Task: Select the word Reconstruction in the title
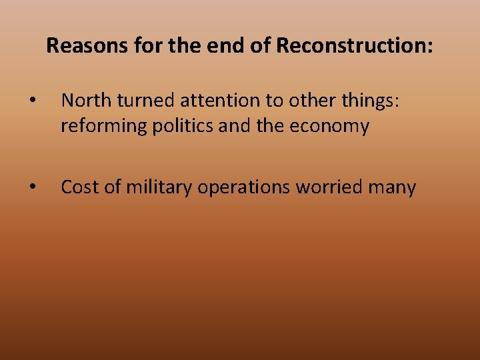[x=354, y=46]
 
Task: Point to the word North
[x=84, y=101]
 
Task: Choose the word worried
[x=327, y=188]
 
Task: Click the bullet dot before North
[x=32, y=102]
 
